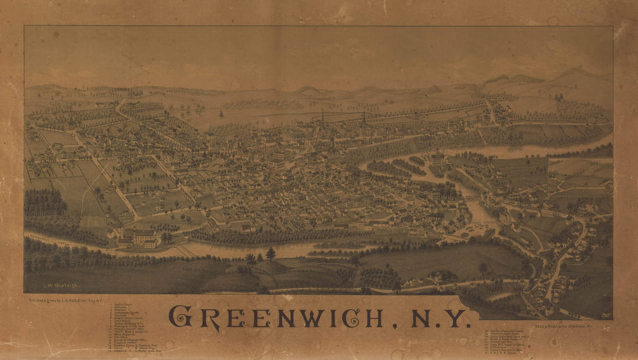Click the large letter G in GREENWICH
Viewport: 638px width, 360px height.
180,317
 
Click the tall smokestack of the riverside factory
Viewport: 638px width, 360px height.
122,231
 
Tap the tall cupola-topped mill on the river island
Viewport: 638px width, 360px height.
438,158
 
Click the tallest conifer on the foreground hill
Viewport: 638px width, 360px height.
271,253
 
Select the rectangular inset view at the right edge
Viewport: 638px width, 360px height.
580,177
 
